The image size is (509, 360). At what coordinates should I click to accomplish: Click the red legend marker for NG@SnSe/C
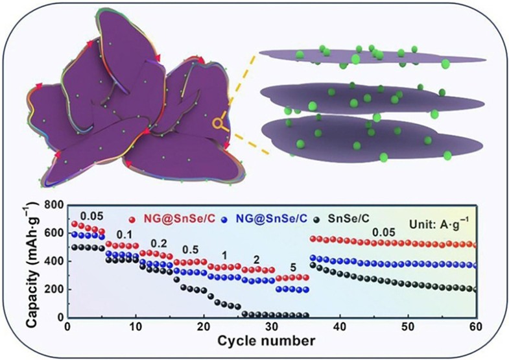pyautogui.click(x=133, y=221)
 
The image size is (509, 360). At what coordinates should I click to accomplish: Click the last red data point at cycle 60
pyautogui.click(x=475, y=245)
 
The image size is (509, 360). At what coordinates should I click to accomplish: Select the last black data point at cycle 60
pyautogui.click(x=475, y=289)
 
